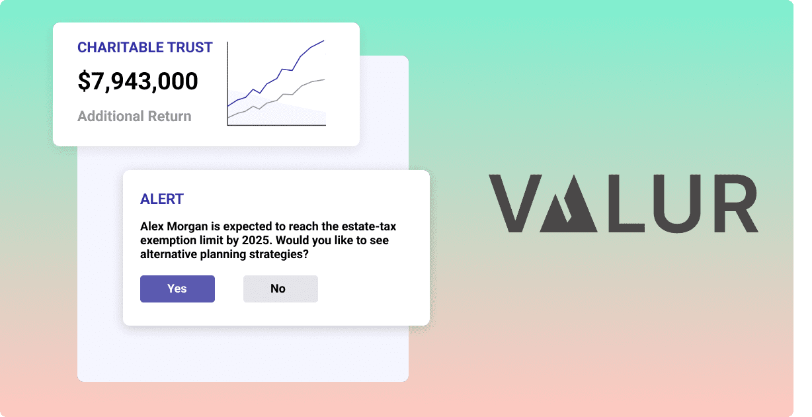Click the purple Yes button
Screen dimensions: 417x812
pyautogui.click(x=177, y=289)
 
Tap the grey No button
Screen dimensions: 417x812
pyautogui.click(x=280, y=289)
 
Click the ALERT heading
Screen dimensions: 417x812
pyautogui.click(x=162, y=199)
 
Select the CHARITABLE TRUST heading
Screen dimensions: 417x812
pyautogui.click(x=145, y=48)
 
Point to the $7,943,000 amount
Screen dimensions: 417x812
pyautogui.click(x=138, y=81)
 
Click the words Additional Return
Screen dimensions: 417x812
pyautogui.click(x=134, y=116)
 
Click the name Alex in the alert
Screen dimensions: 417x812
pyautogui.click(x=152, y=226)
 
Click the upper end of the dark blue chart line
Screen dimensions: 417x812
pyautogui.click(x=323, y=41)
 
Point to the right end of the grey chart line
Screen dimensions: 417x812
pyautogui.click(x=324, y=79)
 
